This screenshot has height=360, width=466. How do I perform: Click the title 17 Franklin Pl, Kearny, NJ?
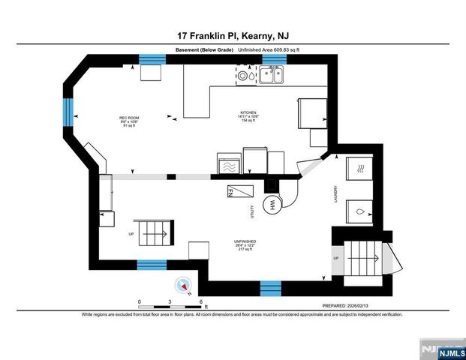tap(233, 35)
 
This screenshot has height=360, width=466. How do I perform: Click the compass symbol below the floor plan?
tap(183, 286)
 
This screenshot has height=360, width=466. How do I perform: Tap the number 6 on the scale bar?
tap(203, 301)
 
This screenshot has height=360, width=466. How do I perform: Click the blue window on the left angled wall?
tap(69, 112)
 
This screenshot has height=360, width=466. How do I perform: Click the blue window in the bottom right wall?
tap(269, 286)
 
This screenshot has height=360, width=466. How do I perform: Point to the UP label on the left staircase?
tap(133, 234)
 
